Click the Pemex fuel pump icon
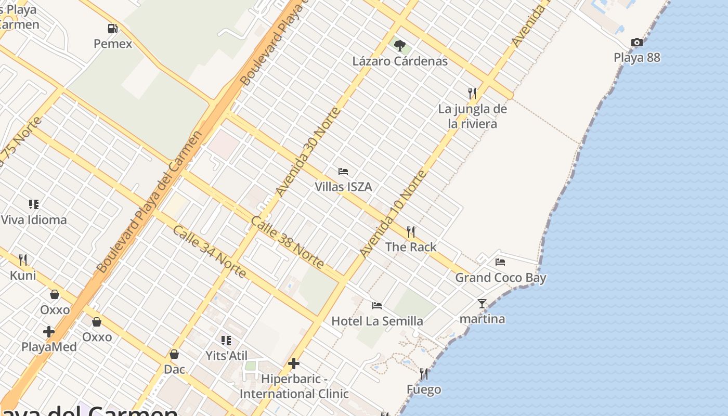pyautogui.click(x=112, y=29)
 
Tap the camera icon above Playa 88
pyautogui.click(x=636, y=43)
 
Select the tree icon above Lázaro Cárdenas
pyautogui.click(x=399, y=46)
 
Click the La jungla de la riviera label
pyautogui.click(x=472, y=116)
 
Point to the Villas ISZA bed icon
pyautogui.click(x=343, y=172)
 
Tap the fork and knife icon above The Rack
pyautogui.click(x=411, y=231)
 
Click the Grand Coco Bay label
pyautogui.click(x=501, y=278)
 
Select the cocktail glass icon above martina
pyautogui.click(x=482, y=304)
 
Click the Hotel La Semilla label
pyautogui.click(x=377, y=321)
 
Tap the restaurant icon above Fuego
pyautogui.click(x=424, y=374)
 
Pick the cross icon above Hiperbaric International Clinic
pyautogui.click(x=294, y=363)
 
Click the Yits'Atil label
pyautogui.click(x=226, y=356)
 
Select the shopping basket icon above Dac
pyautogui.click(x=174, y=355)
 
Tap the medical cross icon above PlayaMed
pyautogui.click(x=49, y=332)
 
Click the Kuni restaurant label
pyautogui.click(x=23, y=275)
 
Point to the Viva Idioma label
pyautogui.click(x=34, y=220)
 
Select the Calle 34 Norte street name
pyautogui.click(x=209, y=252)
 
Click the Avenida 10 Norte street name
pyautogui.click(x=393, y=213)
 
